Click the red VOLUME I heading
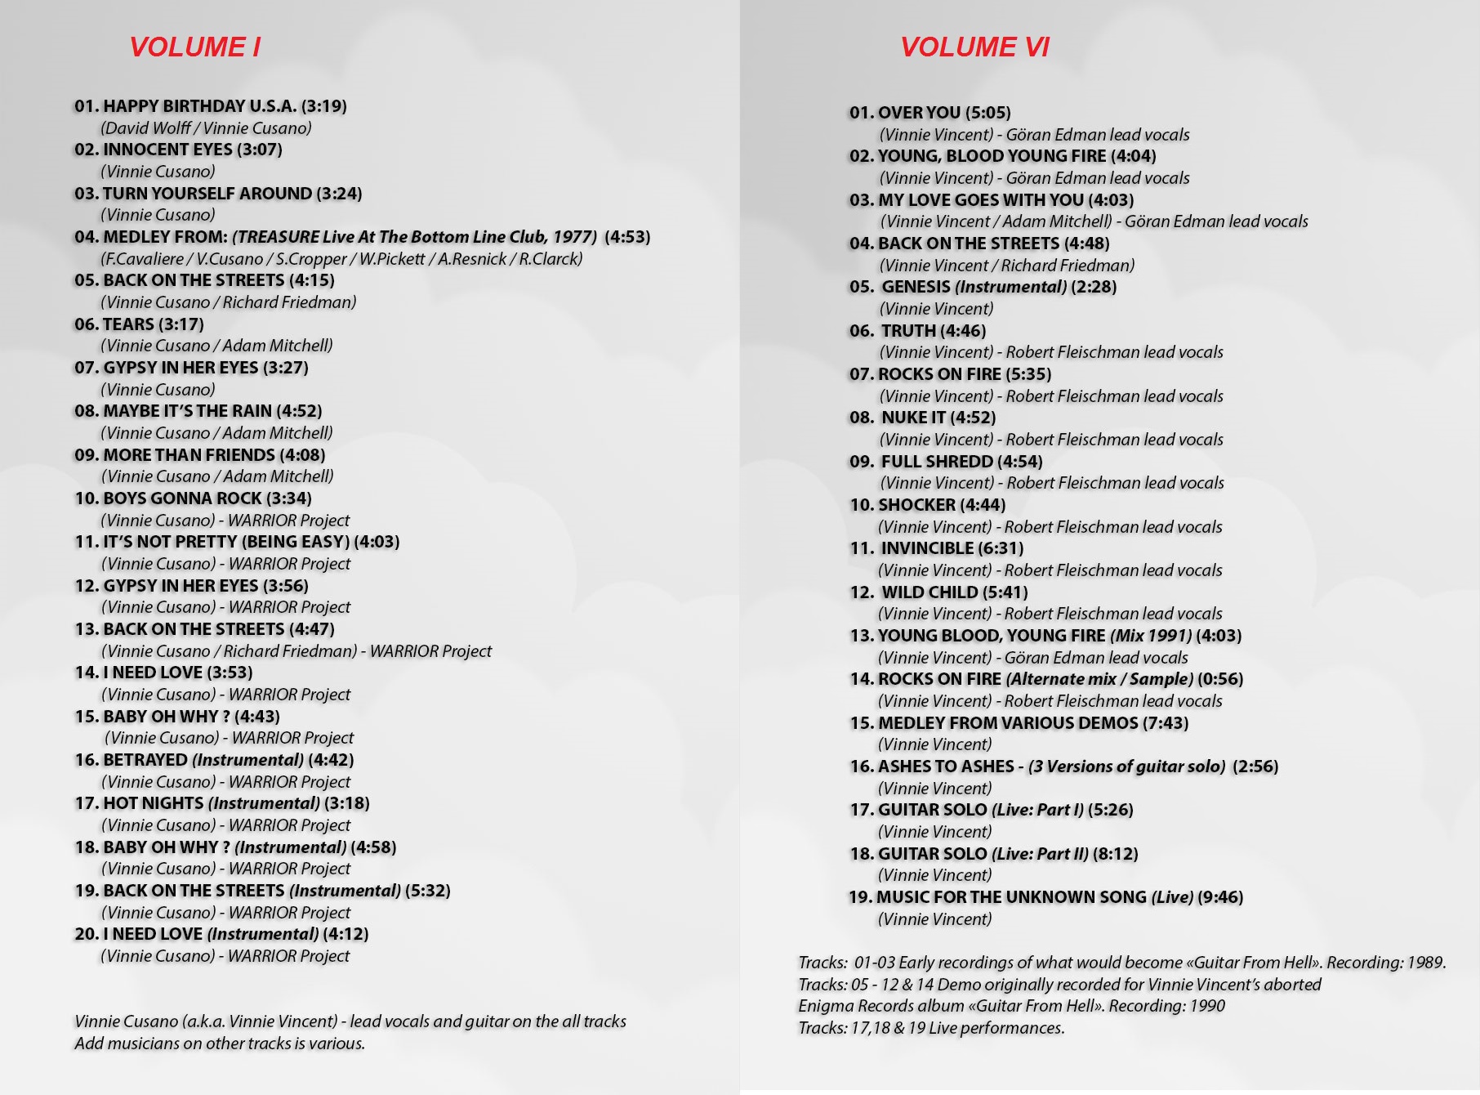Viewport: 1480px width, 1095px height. (x=194, y=47)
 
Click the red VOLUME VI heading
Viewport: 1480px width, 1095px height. (x=974, y=47)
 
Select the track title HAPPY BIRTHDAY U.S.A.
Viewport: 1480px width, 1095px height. (x=199, y=106)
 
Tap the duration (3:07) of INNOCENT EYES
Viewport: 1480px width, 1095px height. (x=259, y=150)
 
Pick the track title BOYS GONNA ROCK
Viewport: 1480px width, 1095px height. (x=182, y=498)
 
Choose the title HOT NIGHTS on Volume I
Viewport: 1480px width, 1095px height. (x=153, y=803)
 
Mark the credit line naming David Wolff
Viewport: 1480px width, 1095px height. (x=206, y=128)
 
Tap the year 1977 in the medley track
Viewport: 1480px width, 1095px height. (x=572, y=237)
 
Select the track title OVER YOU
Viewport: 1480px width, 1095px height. (x=919, y=113)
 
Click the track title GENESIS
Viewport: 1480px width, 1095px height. (x=916, y=287)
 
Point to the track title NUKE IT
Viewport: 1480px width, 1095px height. (x=913, y=418)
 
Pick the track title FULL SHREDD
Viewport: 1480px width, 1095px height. (x=937, y=462)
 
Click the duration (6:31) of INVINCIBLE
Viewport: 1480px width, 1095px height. (x=1001, y=548)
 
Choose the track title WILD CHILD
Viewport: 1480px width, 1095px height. (x=929, y=592)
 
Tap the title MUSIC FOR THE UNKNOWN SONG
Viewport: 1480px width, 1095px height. (x=1011, y=897)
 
